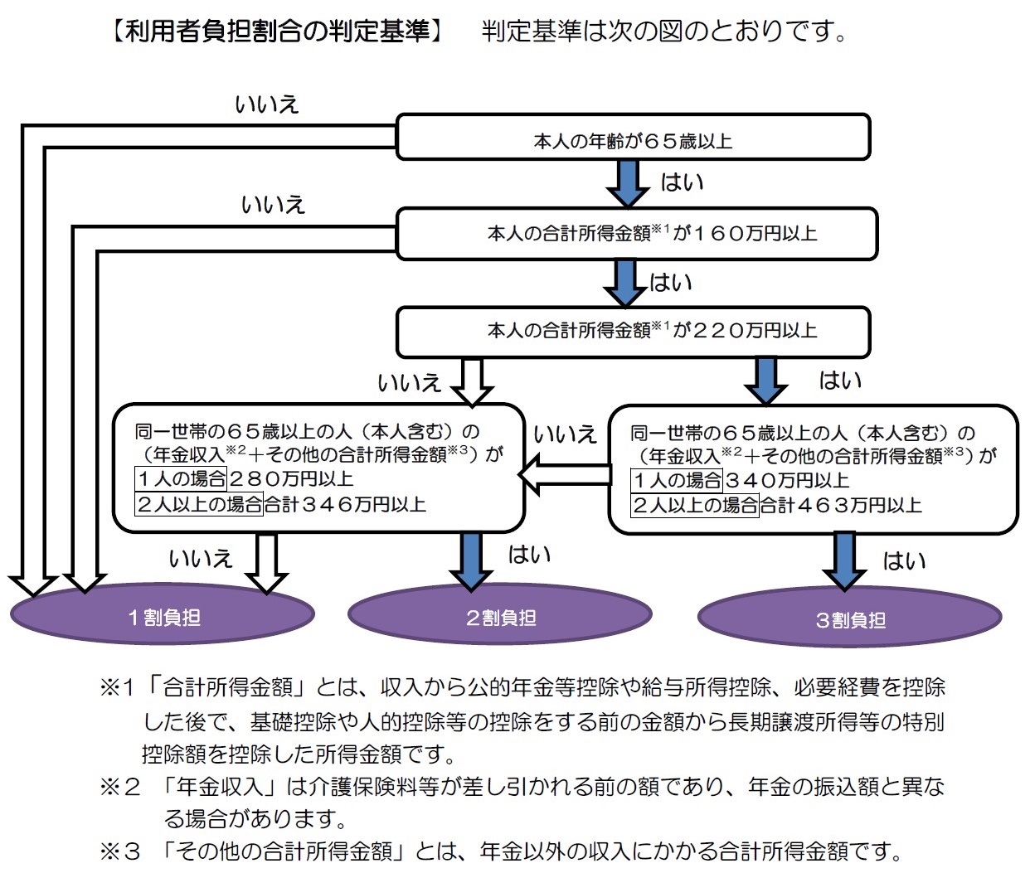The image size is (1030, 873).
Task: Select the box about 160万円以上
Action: (636, 234)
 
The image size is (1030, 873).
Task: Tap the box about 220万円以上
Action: (633, 331)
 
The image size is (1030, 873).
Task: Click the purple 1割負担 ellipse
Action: (163, 617)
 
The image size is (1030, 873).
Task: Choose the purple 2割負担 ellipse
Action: (500, 617)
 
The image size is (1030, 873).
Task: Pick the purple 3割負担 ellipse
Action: (850, 618)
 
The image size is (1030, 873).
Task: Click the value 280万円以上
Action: (291, 478)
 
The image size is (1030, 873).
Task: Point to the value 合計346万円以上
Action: (345, 503)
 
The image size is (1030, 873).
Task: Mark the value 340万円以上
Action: (787, 480)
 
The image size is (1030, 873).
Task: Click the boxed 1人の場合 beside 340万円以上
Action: (677, 480)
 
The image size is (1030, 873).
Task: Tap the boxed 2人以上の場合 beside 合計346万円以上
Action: (199, 503)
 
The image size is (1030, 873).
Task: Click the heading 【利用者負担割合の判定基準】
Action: (277, 32)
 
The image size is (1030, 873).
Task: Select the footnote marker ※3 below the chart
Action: (120, 851)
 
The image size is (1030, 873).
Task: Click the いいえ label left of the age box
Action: (266, 104)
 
